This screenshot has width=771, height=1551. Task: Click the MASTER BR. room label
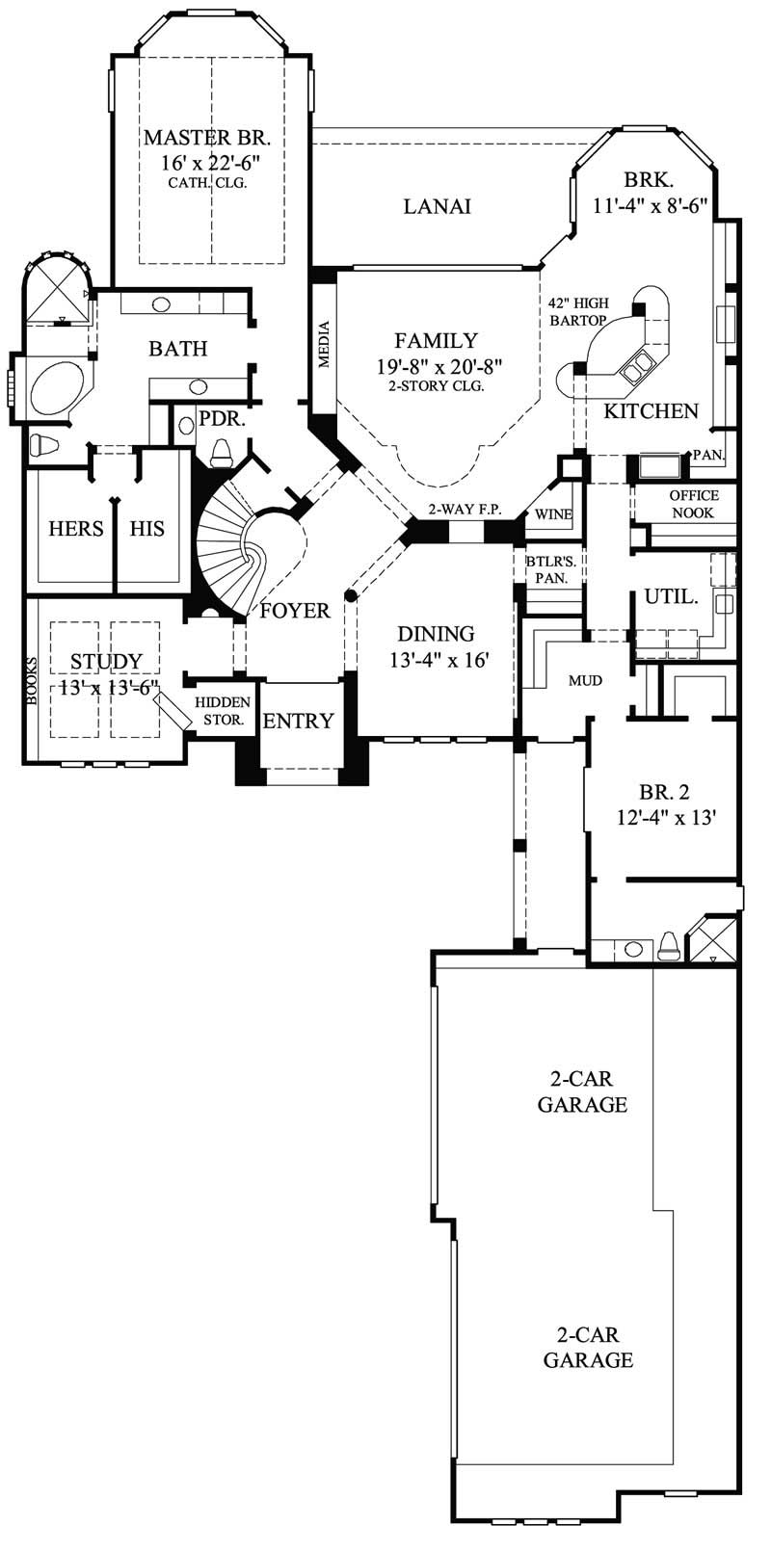(201, 137)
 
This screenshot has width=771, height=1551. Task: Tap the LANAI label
(437, 206)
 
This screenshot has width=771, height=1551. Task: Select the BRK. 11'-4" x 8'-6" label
(651, 192)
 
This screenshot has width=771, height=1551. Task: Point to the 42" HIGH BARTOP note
(577, 310)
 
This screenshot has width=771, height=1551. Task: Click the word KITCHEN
(651, 411)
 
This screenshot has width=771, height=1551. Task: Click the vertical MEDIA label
(325, 344)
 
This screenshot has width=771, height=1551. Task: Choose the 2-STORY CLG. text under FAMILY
(436, 385)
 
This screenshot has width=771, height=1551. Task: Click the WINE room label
(553, 514)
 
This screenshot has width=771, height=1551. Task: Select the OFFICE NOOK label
(693, 504)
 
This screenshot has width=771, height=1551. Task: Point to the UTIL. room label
(671, 597)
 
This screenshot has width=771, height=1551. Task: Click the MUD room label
(585, 680)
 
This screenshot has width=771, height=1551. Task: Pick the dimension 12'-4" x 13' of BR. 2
(664, 817)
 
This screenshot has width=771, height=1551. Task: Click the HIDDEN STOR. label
(223, 711)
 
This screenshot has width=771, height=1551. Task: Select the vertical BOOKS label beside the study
(32, 681)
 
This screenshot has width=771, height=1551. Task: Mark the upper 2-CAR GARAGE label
(582, 1091)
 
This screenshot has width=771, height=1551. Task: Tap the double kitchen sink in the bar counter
(636, 365)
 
